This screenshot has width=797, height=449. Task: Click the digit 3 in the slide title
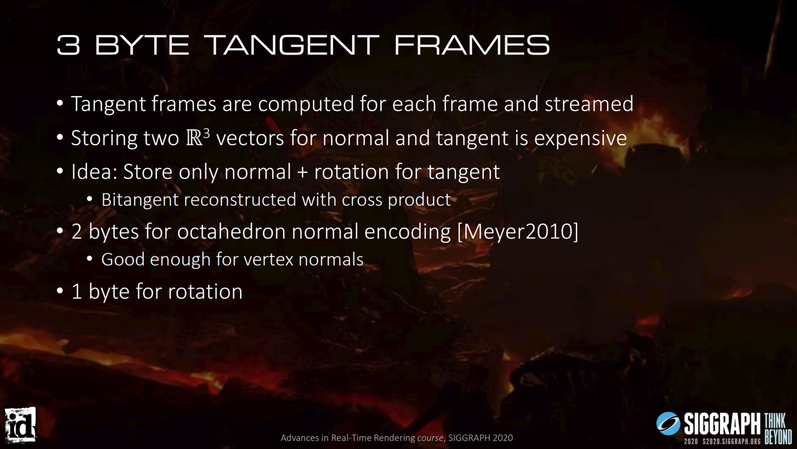pos(68,45)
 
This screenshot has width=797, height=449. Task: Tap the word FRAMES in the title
pos(472,45)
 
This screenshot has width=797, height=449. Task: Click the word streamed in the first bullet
pos(589,104)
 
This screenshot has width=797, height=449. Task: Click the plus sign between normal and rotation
pos(302,173)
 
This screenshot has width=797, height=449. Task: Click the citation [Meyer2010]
pos(518,232)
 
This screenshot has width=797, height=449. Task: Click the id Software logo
pos(21,425)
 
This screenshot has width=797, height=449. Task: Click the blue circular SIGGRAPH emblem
pos(668,423)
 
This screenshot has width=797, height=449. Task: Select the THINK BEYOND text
pos(778,429)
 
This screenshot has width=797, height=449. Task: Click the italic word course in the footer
pos(430,438)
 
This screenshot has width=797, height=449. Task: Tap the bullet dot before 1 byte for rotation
pos(60,291)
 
